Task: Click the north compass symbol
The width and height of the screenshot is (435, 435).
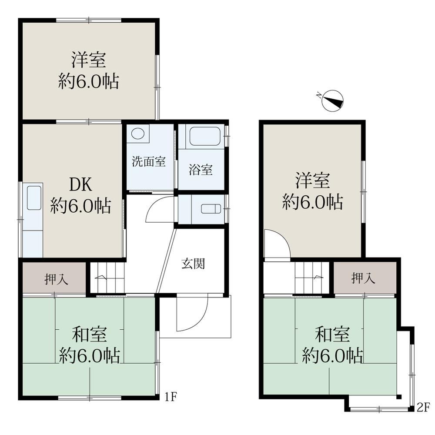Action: (x=333, y=101)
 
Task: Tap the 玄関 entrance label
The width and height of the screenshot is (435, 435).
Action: (x=194, y=264)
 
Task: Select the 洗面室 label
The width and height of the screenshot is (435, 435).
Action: (x=149, y=161)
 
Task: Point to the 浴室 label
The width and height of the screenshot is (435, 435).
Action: (x=201, y=170)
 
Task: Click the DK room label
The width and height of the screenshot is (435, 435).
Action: (x=81, y=184)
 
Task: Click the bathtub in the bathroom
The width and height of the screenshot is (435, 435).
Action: (x=205, y=136)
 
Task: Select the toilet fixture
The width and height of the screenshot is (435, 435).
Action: (x=211, y=209)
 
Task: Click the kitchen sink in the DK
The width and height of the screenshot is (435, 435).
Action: (x=34, y=198)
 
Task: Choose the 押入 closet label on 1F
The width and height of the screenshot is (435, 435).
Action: (x=57, y=279)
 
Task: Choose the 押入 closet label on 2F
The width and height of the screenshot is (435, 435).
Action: (x=364, y=278)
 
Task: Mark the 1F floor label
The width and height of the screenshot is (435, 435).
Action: (x=171, y=398)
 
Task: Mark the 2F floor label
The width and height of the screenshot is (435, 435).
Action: (x=423, y=408)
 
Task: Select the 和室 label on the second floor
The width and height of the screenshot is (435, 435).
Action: (x=332, y=334)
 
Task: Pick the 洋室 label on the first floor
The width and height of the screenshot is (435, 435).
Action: (x=89, y=60)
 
